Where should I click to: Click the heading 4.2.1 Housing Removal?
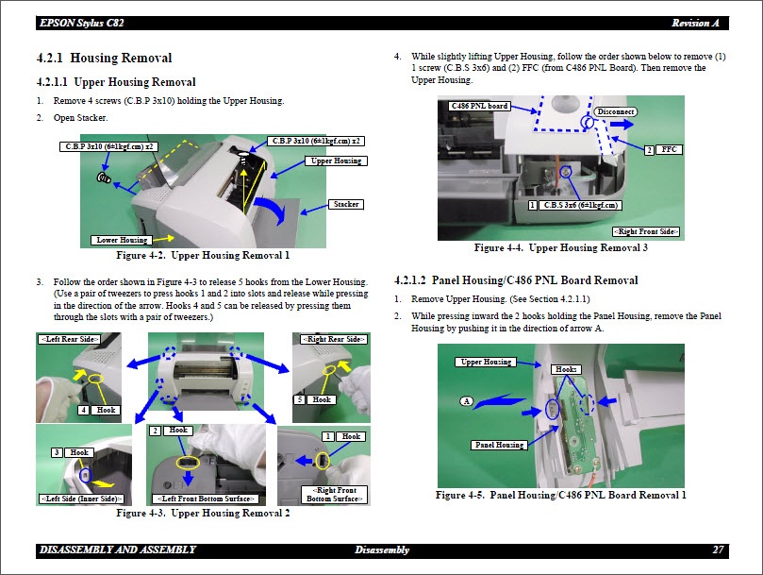(x=104, y=59)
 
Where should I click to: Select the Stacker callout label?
(x=346, y=204)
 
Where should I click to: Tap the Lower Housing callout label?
(x=122, y=240)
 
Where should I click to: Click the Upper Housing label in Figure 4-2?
(x=336, y=161)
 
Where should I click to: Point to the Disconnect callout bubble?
(x=616, y=111)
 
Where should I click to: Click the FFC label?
(x=669, y=149)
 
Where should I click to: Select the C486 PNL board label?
(x=480, y=106)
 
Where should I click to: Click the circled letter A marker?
(x=466, y=401)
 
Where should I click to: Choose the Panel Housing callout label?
(x=498, y=445)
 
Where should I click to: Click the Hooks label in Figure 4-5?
(x=566, y=369)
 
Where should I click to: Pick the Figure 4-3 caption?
(x=203, y=514)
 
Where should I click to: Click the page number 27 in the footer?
(x=718, y=550)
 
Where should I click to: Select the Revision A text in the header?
(x=695, y=23)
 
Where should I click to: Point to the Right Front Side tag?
(x=646, y=231)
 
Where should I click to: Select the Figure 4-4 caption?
(x=560, y=248)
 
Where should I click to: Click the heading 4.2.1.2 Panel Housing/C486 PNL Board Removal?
(x=515, y=280)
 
